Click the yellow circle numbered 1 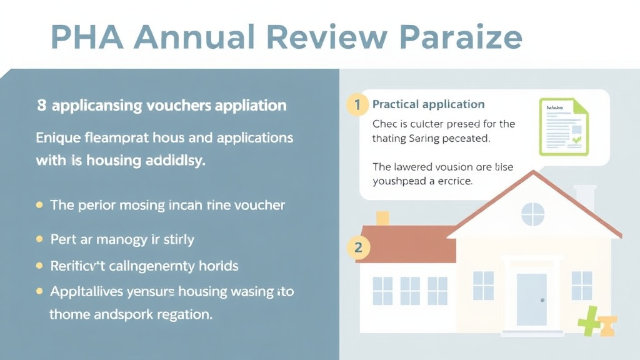(x=357, y=104)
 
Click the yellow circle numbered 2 (x=358, y=247)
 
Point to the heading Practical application (x=428, y=104)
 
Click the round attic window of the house (x=532, y=214)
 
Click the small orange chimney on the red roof (x=382, y=218)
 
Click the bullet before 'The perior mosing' (x=40, y=205)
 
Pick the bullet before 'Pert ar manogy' (x=40, y=239)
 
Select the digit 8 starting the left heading (x=41, y=106)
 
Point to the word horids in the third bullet (x=218, y=266)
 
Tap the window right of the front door (x=581, y=285)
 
